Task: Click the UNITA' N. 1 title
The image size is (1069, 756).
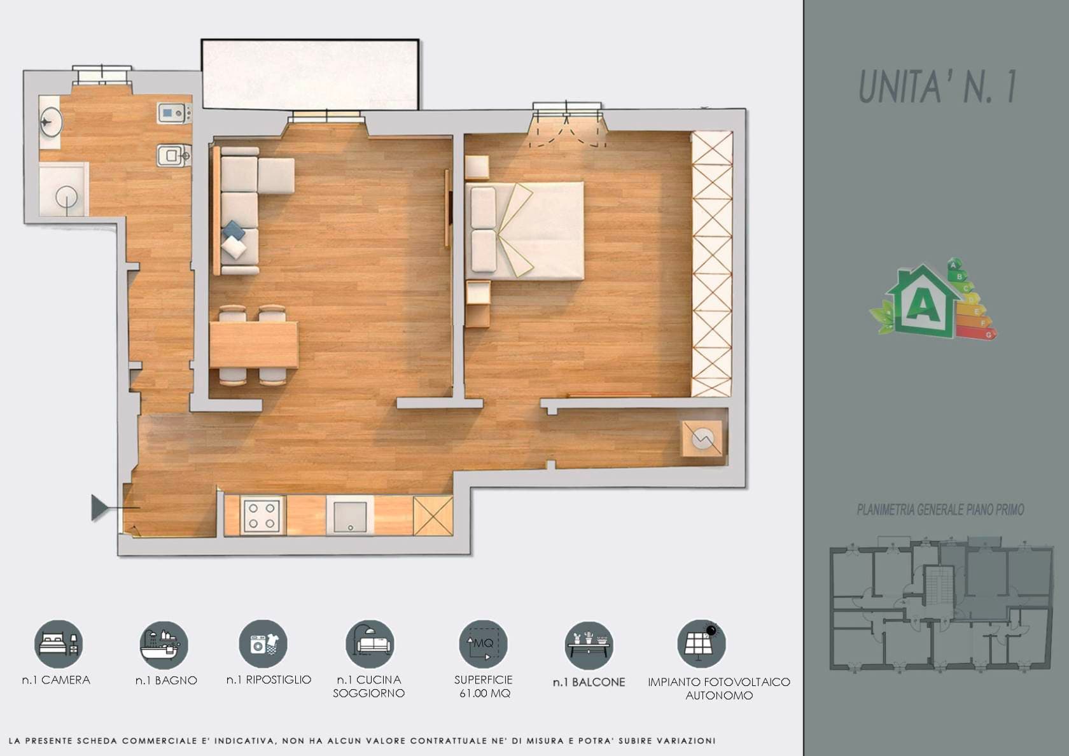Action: pyautogui.click(x=937, y=87)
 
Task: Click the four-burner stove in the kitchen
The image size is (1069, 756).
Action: pyautogui.click(x=263, y=515)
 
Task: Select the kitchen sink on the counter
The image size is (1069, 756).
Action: pyautogui.click(x=350, y=515)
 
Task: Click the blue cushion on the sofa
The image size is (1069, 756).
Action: pyautogui.click(x=234, y=230)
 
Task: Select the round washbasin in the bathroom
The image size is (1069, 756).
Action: pyautogui.click(x=51, y=122)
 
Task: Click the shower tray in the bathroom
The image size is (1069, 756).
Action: pyautogui.click(x=64, y=189)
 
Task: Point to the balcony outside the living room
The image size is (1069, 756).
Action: pyautogui.click(x=311, y=74)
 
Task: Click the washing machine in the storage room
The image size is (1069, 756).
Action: pyautogui.click(x=701, y=438)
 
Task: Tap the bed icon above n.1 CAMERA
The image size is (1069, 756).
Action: pyautogui.click(x=59, y=644)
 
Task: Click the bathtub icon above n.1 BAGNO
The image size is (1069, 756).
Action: pyautogui.click(x=164, y=644)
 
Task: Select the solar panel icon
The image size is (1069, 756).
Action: pyautogui.click(x=701, y=644)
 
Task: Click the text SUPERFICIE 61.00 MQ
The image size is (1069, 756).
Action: pyautogui.click(x=484, y=686)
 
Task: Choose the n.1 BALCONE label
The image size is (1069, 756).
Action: pyautogui.click(x=589, y=682)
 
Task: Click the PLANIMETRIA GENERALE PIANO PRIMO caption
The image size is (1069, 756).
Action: pyautogui.click(x=940, y=510)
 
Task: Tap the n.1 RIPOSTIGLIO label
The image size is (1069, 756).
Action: pyautogui.click(x=269, y=680)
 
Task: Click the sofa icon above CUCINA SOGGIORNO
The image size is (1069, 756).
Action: pyautogui.click(x=370, y=644)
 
